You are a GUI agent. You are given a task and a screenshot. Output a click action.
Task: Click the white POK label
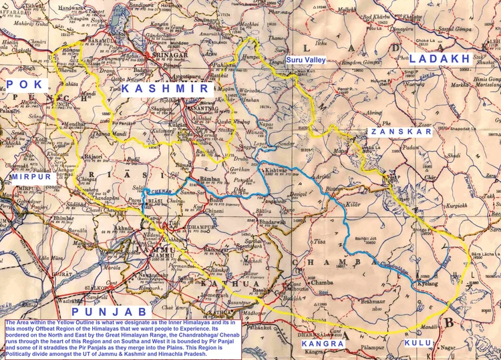click(25, 84)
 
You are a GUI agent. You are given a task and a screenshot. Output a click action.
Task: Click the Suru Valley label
click(305, 60)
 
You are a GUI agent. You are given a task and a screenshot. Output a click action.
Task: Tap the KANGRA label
click(323, 343)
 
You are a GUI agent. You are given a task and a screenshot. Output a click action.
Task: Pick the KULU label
click(416, 343)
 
